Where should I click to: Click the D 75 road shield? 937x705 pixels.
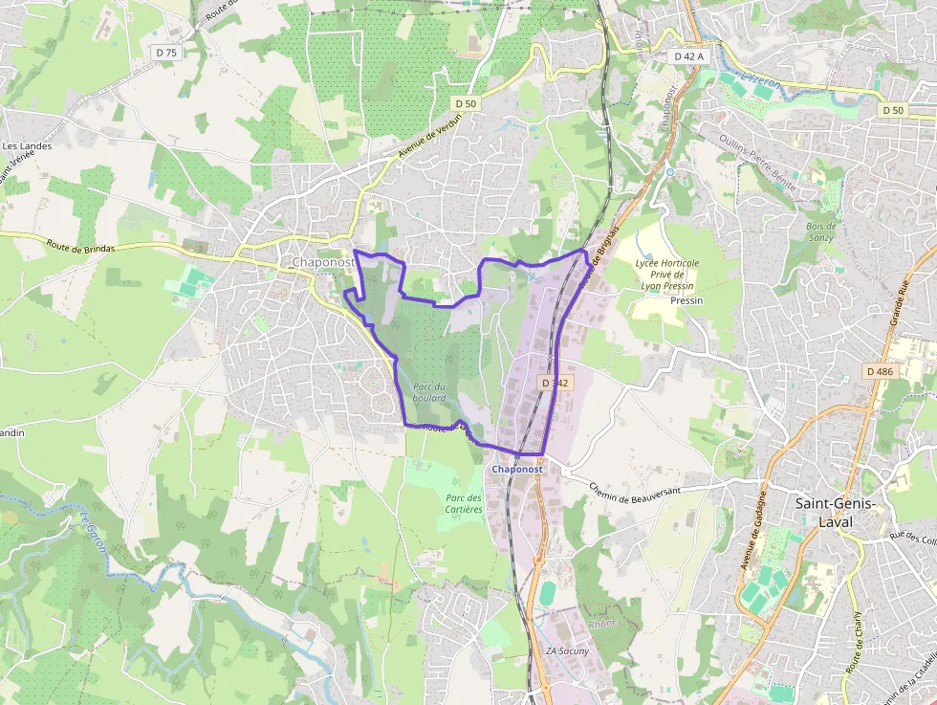point(166,53)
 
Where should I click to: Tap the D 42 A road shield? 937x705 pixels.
point(688,56)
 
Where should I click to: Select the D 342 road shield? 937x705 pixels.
point(555,383)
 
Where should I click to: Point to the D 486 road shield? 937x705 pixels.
point(880,371)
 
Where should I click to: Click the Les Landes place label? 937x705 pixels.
point(27,146)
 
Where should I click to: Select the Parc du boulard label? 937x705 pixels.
point(430,391)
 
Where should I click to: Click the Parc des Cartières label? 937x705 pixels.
point(464,503)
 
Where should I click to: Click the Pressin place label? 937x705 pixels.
point(686,300)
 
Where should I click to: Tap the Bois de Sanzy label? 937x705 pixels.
point(820,231)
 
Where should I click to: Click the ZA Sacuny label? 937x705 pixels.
point(567,651)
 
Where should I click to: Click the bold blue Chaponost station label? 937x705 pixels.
point(517,470)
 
